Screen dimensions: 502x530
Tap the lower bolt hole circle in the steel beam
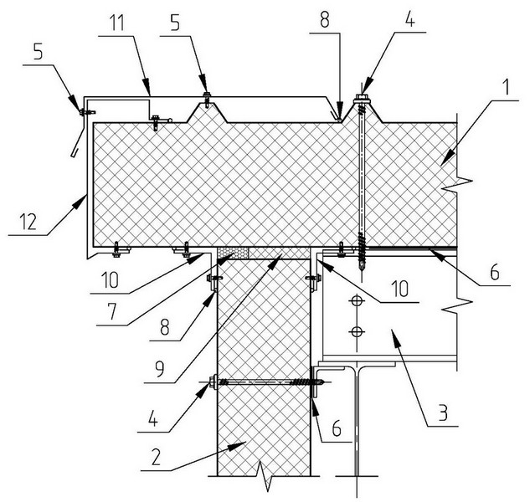357,333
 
